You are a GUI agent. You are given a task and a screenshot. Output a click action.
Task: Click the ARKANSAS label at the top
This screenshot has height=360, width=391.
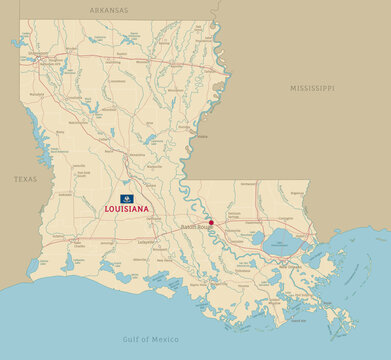point(108,9)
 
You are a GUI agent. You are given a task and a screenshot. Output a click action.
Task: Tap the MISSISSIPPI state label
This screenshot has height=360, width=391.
point(311,88)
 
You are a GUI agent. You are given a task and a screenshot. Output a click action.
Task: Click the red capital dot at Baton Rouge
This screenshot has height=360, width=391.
point(211,222)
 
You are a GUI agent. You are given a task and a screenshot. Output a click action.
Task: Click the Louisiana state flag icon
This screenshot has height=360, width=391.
point(127,199)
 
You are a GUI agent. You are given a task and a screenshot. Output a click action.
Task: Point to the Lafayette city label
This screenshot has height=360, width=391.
point(146,242)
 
